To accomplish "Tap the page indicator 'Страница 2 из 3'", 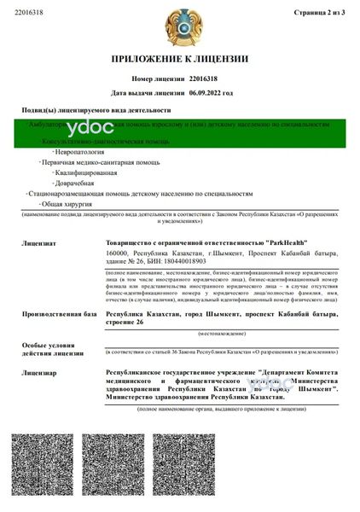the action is (319, 14).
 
